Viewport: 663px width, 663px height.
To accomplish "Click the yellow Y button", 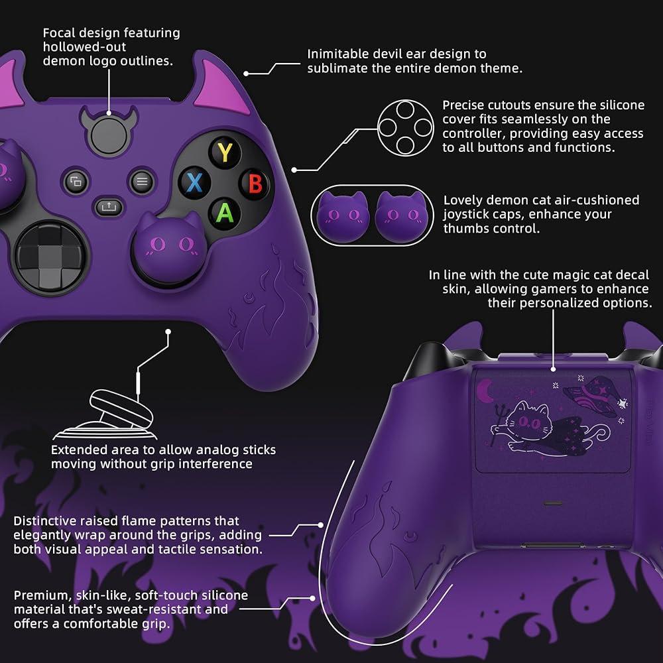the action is [x=225, y=153].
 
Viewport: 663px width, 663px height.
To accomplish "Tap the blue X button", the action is [x=194, y=182].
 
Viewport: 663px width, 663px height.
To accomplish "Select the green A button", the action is [x=225, y=212].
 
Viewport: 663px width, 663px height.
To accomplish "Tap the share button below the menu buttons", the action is [x=107, y=206].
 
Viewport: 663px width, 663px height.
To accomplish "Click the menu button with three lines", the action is [x=141, y=181].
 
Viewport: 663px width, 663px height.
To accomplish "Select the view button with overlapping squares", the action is [x=76, y=181].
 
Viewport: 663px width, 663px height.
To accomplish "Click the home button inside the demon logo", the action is [x=107, y=135].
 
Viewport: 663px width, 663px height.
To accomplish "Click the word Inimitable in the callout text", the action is [x=338, y=54].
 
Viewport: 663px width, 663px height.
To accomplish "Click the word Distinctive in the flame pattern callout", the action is [x=47, y=520].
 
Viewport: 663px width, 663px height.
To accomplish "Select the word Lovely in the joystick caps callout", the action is [x=463, y=200].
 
